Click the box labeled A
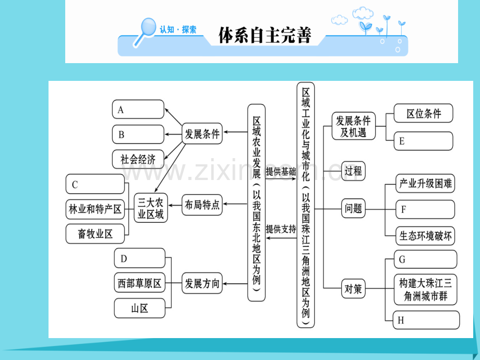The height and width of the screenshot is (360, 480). click(138, 110)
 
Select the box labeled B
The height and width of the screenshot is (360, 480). click(138, 134)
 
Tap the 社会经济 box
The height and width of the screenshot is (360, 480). click(138, 159)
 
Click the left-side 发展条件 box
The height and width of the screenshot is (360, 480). click(201, 134)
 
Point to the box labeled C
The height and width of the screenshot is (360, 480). click(95, 185)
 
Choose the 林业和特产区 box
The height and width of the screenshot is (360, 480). click(95, 209)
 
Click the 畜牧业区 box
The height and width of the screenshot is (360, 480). click(95, 234)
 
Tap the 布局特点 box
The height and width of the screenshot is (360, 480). click(201, 205)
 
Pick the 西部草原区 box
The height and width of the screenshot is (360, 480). click(139, 284)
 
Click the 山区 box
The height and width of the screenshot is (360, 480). click(139, 308)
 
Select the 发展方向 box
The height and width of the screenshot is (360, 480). click(201, 284)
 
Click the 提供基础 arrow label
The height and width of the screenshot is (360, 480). click(281, 171)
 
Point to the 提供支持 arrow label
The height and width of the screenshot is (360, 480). click(281, 229)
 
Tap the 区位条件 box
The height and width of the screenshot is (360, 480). click(423, 113)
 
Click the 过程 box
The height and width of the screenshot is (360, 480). click(353, 171)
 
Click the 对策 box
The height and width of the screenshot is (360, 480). click(353, 288)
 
